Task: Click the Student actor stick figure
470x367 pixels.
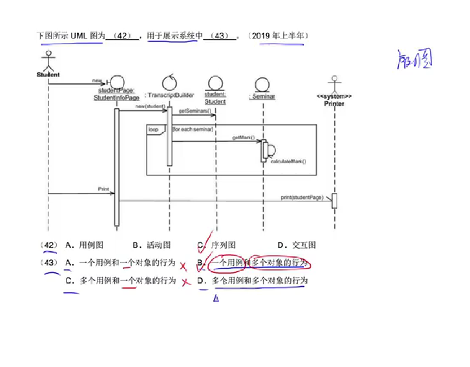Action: click(x=48, y=61)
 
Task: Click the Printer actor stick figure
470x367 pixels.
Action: click(x=334, y=84)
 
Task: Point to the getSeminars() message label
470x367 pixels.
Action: click(x=194, y=111)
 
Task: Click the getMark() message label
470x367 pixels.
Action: click(x=243, y=137)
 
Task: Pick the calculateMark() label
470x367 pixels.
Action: click(x=288, y=162)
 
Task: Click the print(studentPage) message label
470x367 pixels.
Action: click(x=302, y=197)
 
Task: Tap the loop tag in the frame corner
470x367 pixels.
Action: click(x=153, y=129)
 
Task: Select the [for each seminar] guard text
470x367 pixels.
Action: click(x=193, y=129)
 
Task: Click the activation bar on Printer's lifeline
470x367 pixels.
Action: click(x=334, y=201)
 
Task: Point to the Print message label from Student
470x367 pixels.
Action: click(x=103, y=189)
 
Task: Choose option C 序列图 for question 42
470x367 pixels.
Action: click(x=223, y=245)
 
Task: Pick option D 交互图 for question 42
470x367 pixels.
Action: click(x=303, y=245)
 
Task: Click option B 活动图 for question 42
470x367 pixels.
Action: click(x=158, y=245)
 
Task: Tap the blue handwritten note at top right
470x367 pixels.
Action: click(x=415, y=60)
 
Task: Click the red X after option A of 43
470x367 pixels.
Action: click(x=183, y=266)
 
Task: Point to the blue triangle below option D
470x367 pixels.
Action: click(x=216, y=298)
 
